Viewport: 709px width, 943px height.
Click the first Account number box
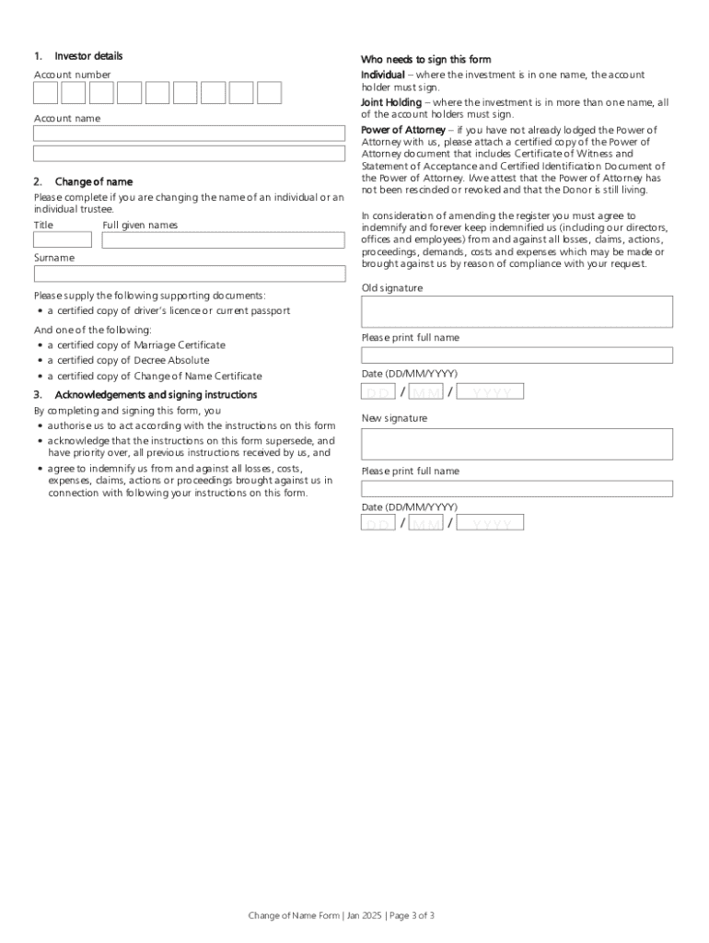(46, 93)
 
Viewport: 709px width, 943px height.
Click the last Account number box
(269, 93)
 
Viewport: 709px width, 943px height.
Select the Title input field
(63, 240)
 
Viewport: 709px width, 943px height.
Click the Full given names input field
(224, 240)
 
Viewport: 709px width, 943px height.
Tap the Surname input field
(190, 274)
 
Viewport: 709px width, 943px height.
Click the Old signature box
(517, 311)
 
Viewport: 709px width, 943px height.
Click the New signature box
(517, 444)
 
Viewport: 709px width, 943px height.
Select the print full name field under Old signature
(517, 355)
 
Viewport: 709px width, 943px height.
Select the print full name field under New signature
(517, 488)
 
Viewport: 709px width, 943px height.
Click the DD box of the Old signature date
(378, 391)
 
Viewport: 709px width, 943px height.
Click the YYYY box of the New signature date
(491, 522)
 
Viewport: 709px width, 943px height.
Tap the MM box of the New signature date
(425, 522)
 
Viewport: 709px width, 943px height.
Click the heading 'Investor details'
(88, 56)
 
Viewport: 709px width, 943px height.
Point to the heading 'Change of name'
(93, 182)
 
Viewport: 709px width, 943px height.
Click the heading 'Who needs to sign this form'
(425, 60)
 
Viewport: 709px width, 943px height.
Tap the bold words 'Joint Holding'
(391, 102)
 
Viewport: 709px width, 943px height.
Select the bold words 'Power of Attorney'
(402, 130)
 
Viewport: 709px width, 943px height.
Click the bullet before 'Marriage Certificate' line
(41, 345)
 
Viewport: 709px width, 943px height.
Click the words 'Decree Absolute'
(171, 361)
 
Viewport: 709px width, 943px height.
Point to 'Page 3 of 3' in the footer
(401, 915)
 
